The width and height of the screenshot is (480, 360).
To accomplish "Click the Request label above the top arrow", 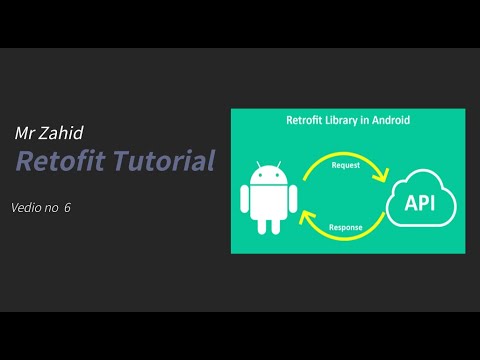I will click(x=345, y=162).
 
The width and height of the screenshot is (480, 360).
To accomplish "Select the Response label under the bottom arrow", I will click(x=346, y=228).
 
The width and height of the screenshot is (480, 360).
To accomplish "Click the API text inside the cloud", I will click(x=419, y=204).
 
